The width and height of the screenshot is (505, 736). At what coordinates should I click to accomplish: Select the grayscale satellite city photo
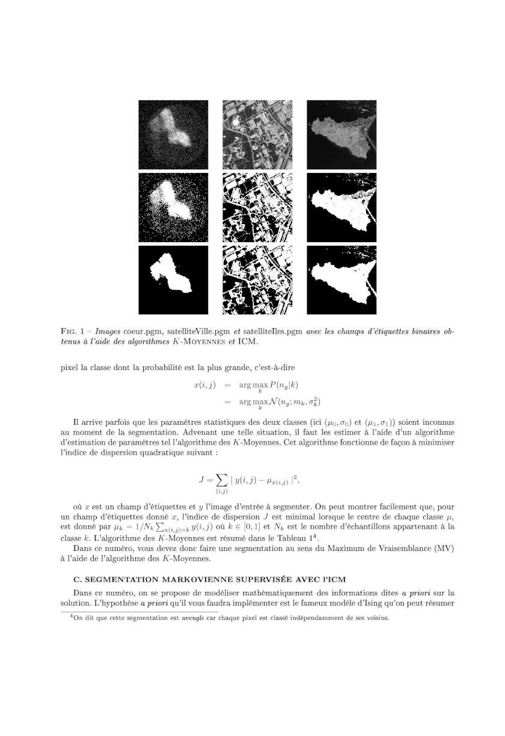tap(257, 135)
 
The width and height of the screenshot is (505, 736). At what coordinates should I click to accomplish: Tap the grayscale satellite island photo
tap(341, 135)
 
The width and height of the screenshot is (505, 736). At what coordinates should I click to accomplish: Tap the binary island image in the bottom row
tap(341, 280)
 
